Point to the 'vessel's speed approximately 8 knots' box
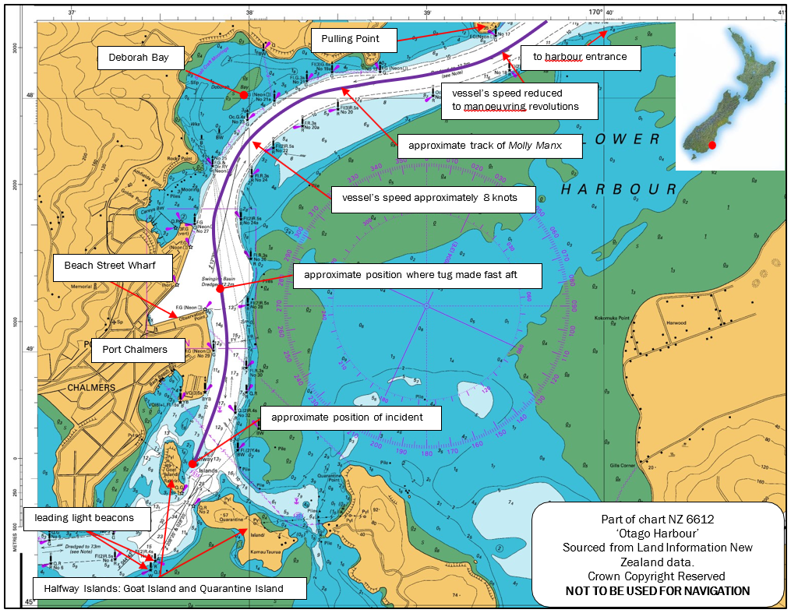coord(435,199)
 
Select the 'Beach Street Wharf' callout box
coord(110,266)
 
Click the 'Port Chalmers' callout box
coord(135,350)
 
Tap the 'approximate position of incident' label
coord(351,417)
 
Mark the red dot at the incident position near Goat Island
coord(192,464)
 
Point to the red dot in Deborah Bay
coord(244,94)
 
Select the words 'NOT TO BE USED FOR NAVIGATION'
coord(657,591)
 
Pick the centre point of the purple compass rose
coord(426,305)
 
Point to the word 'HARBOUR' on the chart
coord(620,189)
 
